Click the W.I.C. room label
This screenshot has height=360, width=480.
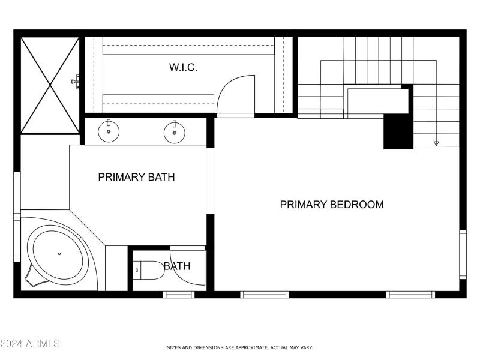[183, 68]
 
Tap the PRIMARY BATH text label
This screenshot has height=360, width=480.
[137, 177]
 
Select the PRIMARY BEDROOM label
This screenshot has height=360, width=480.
[331, 205]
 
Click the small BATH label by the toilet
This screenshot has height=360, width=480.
[177, 266]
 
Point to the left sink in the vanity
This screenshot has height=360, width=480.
[109, 131]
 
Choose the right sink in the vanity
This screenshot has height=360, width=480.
[174, 132]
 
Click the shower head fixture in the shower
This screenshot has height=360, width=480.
[76, 80]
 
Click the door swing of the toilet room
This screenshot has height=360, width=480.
[188, 264]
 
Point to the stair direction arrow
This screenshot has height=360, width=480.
[436, 143]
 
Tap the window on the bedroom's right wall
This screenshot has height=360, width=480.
[462, 254]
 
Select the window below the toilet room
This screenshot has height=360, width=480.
[179, 294]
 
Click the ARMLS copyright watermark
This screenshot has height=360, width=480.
[30, 344]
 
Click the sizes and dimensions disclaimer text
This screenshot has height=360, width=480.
[239, 347]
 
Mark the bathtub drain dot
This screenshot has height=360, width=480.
[59, 254]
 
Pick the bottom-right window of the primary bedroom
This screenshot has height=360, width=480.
[410, 294]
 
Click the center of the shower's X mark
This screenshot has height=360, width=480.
[50, 85]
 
